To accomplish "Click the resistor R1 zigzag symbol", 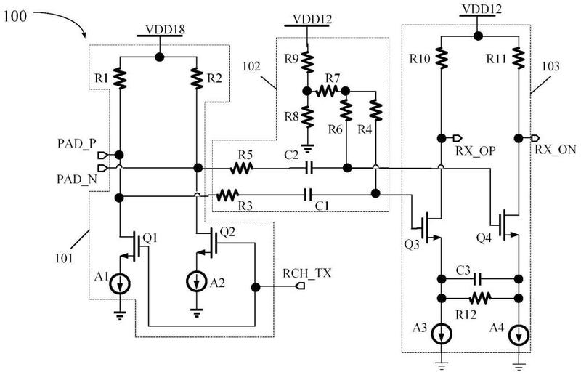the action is click(119, 78).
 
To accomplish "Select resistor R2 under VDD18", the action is click(196, 78).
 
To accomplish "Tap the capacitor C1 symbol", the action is click(307, 194).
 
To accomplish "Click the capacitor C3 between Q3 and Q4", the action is click(478, 278).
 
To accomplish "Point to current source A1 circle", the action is click(120, 284).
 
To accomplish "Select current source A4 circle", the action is click(519, 335).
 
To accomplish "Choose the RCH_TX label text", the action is click(306, 273).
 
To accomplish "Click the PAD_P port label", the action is click(77, 144).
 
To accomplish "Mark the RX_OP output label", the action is click(476, 151).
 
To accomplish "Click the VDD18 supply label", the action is click(165, 30).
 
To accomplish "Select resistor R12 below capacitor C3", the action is click(480, 298).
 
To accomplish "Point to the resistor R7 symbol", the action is click(327, 91).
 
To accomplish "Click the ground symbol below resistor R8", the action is click(307, 148).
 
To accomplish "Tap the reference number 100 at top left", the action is click(15, 16).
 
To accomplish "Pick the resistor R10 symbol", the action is click(442, 58).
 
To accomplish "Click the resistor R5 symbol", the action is click(242, 169).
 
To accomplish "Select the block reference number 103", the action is click(550, 66).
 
